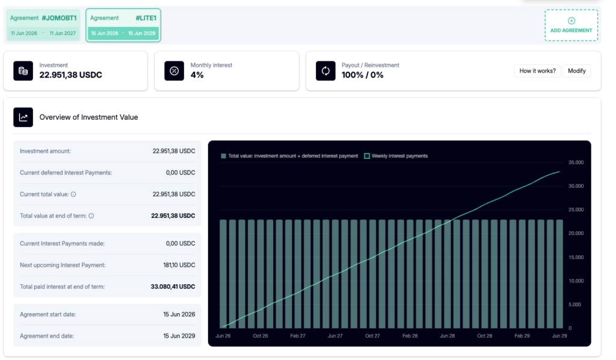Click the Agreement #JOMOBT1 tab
pos(43,25)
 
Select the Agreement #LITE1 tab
pos(123,25)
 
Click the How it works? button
pos(537,71)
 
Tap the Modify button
pos(577,71)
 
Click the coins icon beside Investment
pos(23,71)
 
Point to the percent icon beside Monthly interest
pos(174,71)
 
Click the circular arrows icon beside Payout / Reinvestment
pos(325,71)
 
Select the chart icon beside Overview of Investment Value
pos(23,117)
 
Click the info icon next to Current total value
pos(73,194)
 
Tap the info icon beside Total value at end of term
pos(91,216)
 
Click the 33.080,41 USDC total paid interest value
pos(173,287)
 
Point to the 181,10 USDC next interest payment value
pos(179,265)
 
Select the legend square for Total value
pos(224,156)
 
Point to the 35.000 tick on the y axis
pos(576,163)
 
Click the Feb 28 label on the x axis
pos(410,336)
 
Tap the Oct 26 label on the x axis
pos(260,336)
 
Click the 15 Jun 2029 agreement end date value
pos(179,336)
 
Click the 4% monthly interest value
pos(197,75)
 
